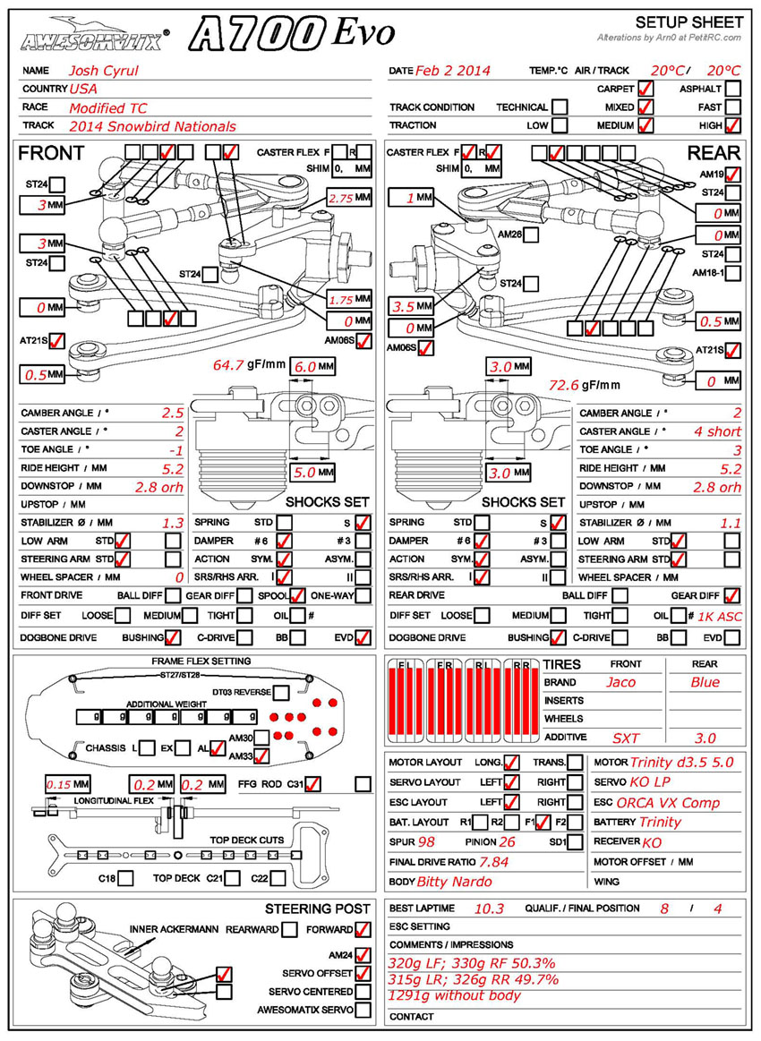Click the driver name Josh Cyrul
click(104, 71)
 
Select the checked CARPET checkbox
click(645, 89)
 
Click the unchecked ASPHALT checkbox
click(733, 89)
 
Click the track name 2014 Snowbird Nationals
click(152, 126)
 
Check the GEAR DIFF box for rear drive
click(732, 595)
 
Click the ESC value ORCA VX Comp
click(669, 802)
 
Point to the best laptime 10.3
click(490, 908)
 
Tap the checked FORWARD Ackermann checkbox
click(363, 929)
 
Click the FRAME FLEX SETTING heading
click(201, 661)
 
